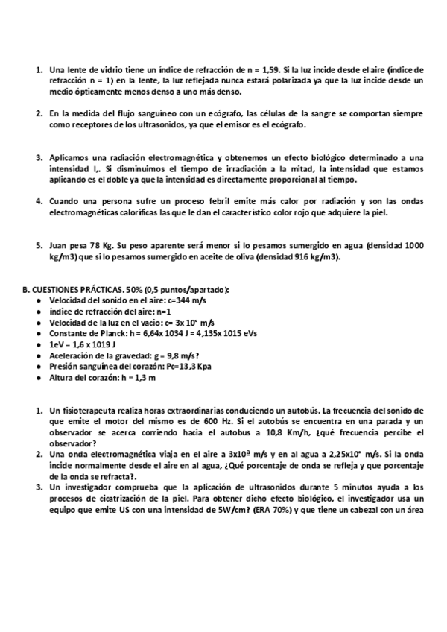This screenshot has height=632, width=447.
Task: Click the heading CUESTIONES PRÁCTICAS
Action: pyautogui.click(x=83, y=289)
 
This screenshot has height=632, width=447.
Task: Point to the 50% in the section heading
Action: pyautogui.click(x=140, y=289)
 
